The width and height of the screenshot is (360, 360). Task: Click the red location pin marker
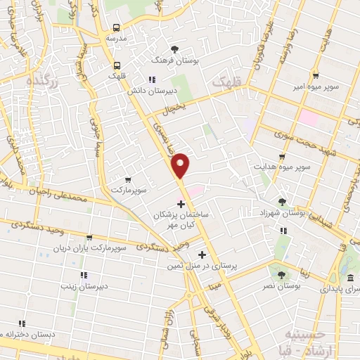[x=181, y=165]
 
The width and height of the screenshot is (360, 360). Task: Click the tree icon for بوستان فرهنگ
[x=175, y=49]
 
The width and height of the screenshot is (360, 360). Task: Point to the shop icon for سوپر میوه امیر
[x=316, y=76]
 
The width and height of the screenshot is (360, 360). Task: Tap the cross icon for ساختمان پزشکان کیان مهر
[x=181, y=205]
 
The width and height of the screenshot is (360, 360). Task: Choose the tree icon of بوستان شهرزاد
[x=283, y=202]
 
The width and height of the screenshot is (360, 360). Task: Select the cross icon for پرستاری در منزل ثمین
[x=203, y=255]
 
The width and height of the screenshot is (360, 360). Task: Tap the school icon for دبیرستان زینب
[x=82, y=274]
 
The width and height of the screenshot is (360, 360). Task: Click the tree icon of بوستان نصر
[x=282, y=275]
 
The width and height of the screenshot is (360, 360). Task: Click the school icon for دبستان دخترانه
[x=22, y=323]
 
